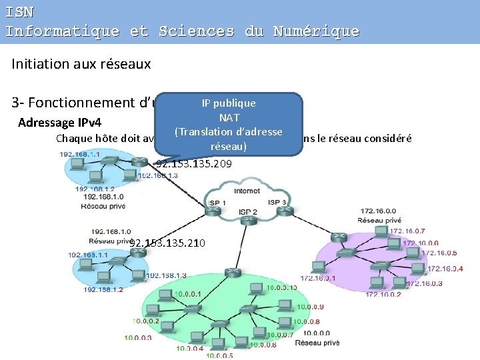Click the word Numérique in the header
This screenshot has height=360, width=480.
[x=316, y=31]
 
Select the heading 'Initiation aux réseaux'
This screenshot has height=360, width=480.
[x=81, y=64]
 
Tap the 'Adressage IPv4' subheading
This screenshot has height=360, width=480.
[x=59, y=123]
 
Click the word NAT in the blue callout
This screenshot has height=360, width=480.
[x=229, y=117]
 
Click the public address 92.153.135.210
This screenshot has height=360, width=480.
[x=167, y=243]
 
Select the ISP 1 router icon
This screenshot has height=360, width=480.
[x=214, y=211]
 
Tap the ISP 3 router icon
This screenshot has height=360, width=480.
[x=283, y=211]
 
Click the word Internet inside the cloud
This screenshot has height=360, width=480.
[x=248, y=190]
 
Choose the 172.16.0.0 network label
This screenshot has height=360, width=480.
[x=379, y=211]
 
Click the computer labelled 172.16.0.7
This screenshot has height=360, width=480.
[x=381, y=232]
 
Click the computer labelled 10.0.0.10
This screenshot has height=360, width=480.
[x=255, y=288]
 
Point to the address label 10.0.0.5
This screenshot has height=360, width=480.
[x=220, y=355]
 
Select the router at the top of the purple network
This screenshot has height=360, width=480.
[x=339, y=237]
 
